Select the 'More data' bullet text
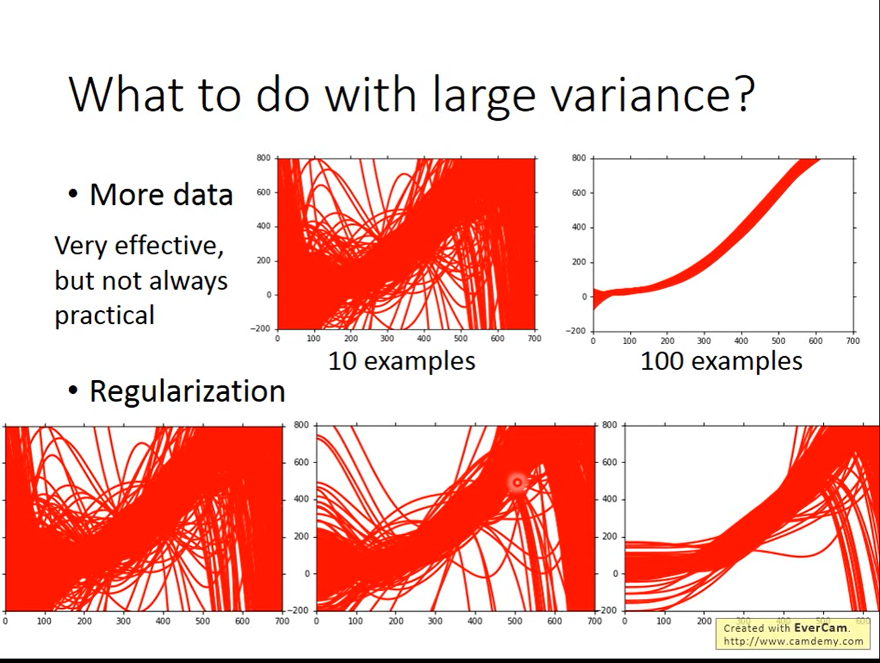(x=161, y=194)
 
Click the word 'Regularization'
(x=187, y=391)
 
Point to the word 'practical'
(x=105, y=316)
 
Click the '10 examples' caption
(x=401, y=361)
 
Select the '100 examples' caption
(x=721, y=361)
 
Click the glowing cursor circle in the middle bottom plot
(x=517, y=483)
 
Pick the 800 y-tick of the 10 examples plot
(x=263, y=157)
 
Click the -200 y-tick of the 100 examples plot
(x=576, y=331)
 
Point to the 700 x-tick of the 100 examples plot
(x=853, y=341)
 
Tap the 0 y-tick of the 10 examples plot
(x=269, y=295)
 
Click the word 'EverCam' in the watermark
(x=820, y=627)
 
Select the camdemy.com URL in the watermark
(x=794, y=641)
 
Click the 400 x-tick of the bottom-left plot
(x=163, y=621)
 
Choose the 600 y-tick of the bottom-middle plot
(x=301, y=462)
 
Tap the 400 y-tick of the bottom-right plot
(x=610, y=499)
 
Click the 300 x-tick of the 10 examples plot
(x=387, y=338)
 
